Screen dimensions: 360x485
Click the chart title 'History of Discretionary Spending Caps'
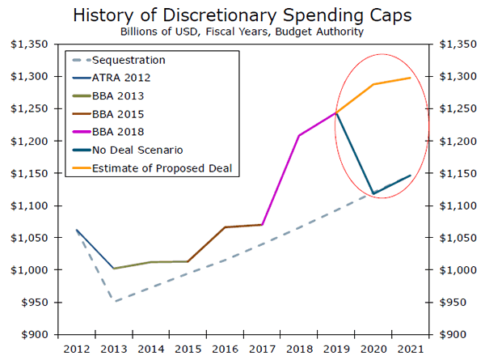[242, 15]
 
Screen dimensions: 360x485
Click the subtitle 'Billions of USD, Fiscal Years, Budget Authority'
[242, 32]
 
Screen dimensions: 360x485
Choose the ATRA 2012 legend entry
[121, 78]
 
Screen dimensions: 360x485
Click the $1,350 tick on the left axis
[29, 44]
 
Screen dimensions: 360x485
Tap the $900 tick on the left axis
[32, 334]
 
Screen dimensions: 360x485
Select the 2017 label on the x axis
[261, 349]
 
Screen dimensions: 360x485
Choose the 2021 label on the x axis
[410, 349]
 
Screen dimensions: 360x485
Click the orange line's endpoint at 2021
[411, 78]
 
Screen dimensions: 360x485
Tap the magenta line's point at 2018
[299, 135]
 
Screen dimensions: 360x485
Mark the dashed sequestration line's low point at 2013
[113, 302]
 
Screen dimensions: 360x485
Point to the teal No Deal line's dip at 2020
[373, 194]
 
